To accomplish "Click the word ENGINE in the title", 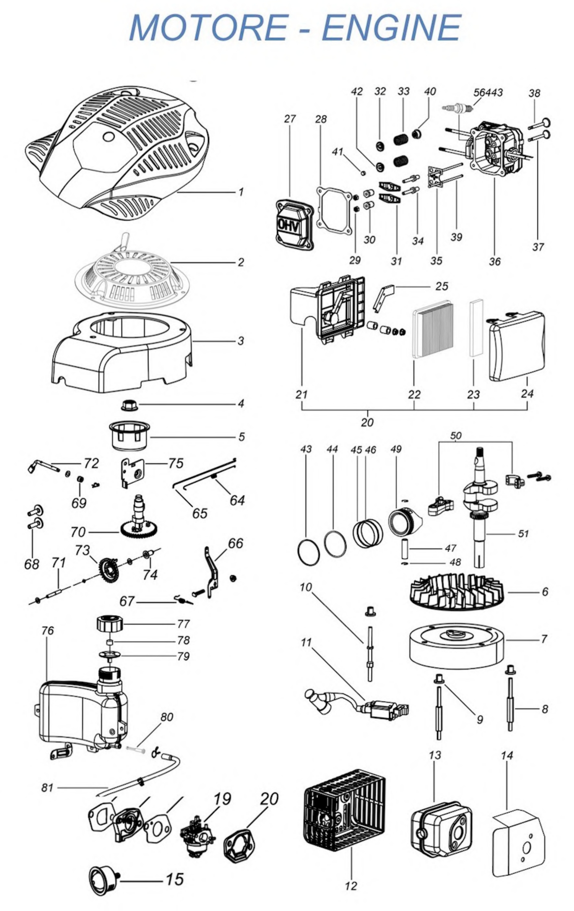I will (x=391, y=28).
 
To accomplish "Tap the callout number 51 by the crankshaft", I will (x=523, y=533).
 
